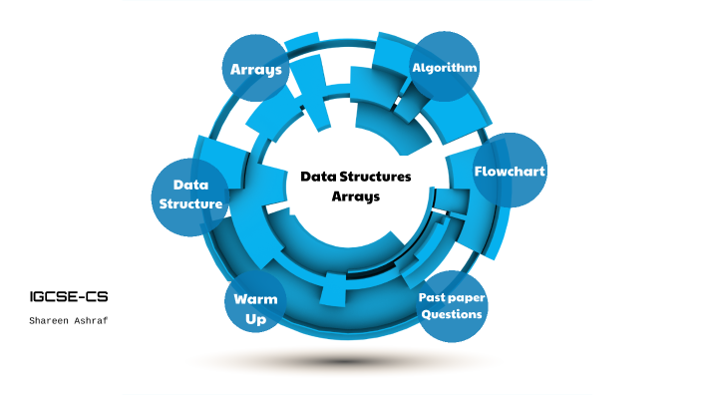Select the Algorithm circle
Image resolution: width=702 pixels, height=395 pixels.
pyautogui.click(x=445, y=67)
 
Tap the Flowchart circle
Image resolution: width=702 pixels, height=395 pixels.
pyautogui.click(x=509, y=171)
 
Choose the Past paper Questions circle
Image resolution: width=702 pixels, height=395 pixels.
pyautogui.click(x=452, y=305)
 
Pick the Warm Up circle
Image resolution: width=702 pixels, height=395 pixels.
pyautogui.click(x=255, y=308)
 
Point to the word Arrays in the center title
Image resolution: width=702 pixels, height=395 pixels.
pyautogui.click(x=356, y=197)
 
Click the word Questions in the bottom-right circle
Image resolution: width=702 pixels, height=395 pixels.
pyautogui.click(x=452, y=314)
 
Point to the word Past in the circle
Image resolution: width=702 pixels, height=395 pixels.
pyautogui.click(x=433, y=297)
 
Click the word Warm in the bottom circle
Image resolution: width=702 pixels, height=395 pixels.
pyautogui.click(x=255, y=299)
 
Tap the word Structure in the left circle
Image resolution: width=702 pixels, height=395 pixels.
pyautogui.click(x=190, y=203)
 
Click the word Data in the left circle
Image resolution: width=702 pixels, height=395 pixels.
pyautogui.click(x=189, y=185)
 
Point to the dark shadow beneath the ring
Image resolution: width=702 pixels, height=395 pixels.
pyautogui.click(x=349, y=360)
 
